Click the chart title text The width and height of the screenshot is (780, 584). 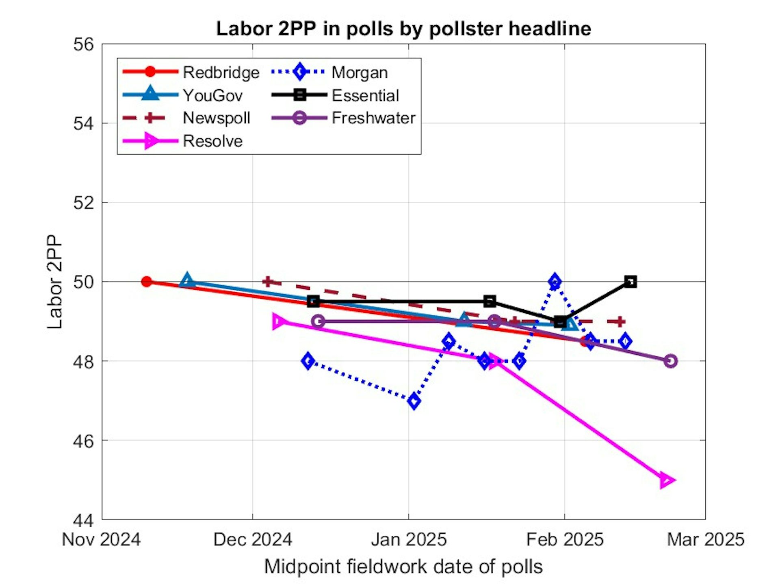pos(403,29)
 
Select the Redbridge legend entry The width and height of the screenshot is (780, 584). pos(221,73)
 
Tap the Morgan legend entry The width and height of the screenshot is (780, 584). pos(360,73)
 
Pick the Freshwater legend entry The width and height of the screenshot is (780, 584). pos(373,118)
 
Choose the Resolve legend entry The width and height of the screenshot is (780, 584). pos(212,141)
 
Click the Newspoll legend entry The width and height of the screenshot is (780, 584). pos(216,118)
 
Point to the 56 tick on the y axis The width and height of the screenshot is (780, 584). pos(83,44)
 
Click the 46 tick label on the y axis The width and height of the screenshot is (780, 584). pos(83,441)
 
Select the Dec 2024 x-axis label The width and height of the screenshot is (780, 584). pos(253,540)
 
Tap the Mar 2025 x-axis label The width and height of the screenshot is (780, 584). pos(706,540)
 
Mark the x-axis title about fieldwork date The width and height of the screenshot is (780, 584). pos(403,567)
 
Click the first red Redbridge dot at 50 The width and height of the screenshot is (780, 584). pos(147,282)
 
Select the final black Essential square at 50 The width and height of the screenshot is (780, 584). pos(630,282)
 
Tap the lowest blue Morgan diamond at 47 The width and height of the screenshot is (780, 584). pos(414,401)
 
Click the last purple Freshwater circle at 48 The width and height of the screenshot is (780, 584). pos(671,361)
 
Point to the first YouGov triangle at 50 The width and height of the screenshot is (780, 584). pos(187,280)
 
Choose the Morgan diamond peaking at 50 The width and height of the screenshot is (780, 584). pos(555,282)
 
